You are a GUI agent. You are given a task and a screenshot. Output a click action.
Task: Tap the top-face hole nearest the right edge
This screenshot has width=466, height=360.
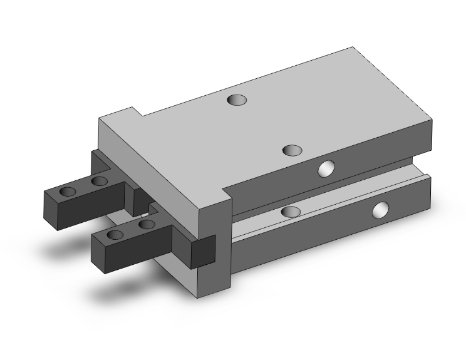click(x=293, y=150)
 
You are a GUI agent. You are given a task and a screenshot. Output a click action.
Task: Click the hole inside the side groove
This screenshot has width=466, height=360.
click(x=289, y=212)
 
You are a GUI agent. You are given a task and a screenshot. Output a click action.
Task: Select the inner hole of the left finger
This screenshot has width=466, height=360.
click(x=99, y=182)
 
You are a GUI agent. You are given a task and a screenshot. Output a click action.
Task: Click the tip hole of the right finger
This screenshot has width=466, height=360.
click(x=116, y=235)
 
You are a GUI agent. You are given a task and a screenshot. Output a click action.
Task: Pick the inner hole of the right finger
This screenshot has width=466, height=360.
click(x=146, y=224)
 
